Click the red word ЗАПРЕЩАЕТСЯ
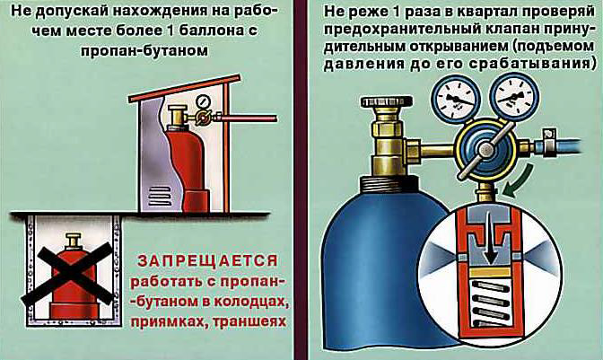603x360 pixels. tap(208, 261)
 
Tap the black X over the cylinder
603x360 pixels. tap(68, 274)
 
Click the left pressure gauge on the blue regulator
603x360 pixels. tap(456, 97)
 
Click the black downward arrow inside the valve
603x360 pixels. tap(489, 239)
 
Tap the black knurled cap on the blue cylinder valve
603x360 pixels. tap(387, 102)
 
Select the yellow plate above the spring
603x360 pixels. tap(490, 272)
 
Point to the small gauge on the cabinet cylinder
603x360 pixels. tap(203, 101)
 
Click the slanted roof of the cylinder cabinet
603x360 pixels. tap(185, 89)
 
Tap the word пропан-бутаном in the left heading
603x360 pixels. tap(144, 50)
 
